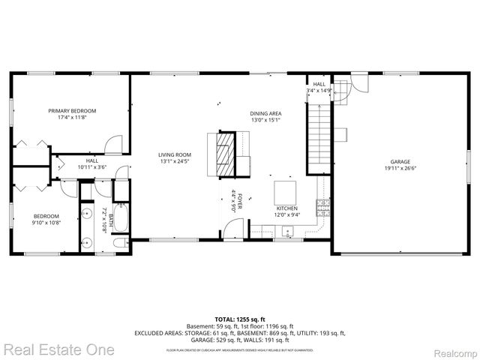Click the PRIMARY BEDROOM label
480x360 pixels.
click(72, 110)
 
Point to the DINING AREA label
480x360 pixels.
click(265, 113)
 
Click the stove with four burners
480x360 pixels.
click(323, 207)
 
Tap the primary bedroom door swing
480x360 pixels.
click(112, 145)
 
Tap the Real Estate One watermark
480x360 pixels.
click(58, 349)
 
